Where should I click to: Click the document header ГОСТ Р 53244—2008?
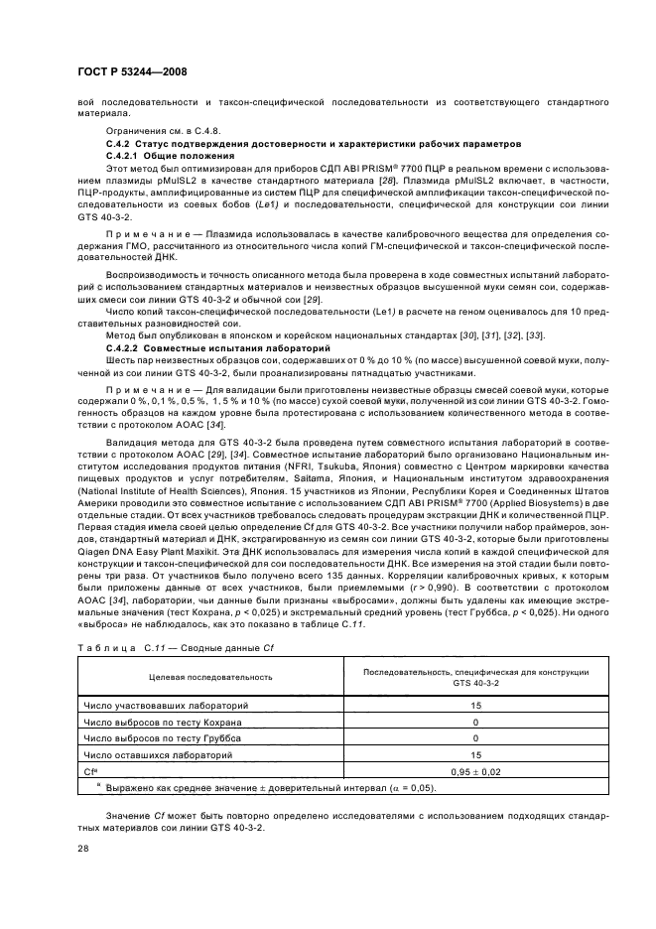click(x=132, y=72)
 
